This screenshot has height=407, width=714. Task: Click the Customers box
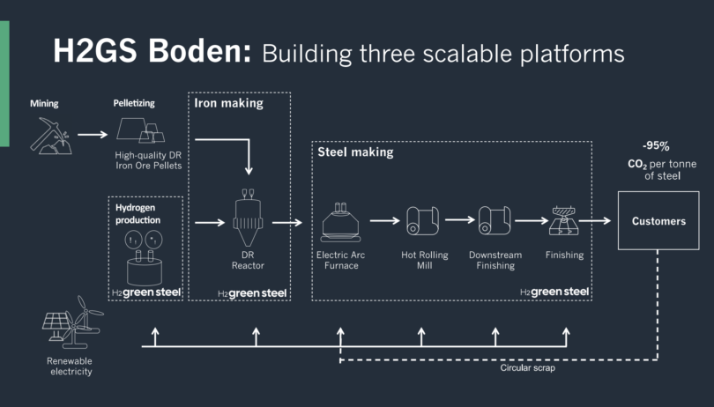pyautogui.click(x=658, y=221)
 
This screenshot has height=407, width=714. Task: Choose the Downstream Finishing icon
pyautogui.click(x=495, y=221)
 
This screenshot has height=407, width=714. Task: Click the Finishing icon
pyautogui.click(x=564, y=222)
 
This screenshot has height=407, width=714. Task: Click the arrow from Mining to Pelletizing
pyautogui.click(x=92, y=135)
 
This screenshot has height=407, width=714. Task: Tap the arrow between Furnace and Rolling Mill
pyautogui.click(x=384, y=221)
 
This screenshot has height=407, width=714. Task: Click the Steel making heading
pyautogui.click(x=355, y=152)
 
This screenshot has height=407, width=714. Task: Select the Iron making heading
pyautogui.click(x=228, y=103)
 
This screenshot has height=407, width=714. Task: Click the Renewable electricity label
pyautogui.click(x=70, y=366)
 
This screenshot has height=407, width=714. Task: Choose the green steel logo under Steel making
pyautogui.click(x=554, y=292)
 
